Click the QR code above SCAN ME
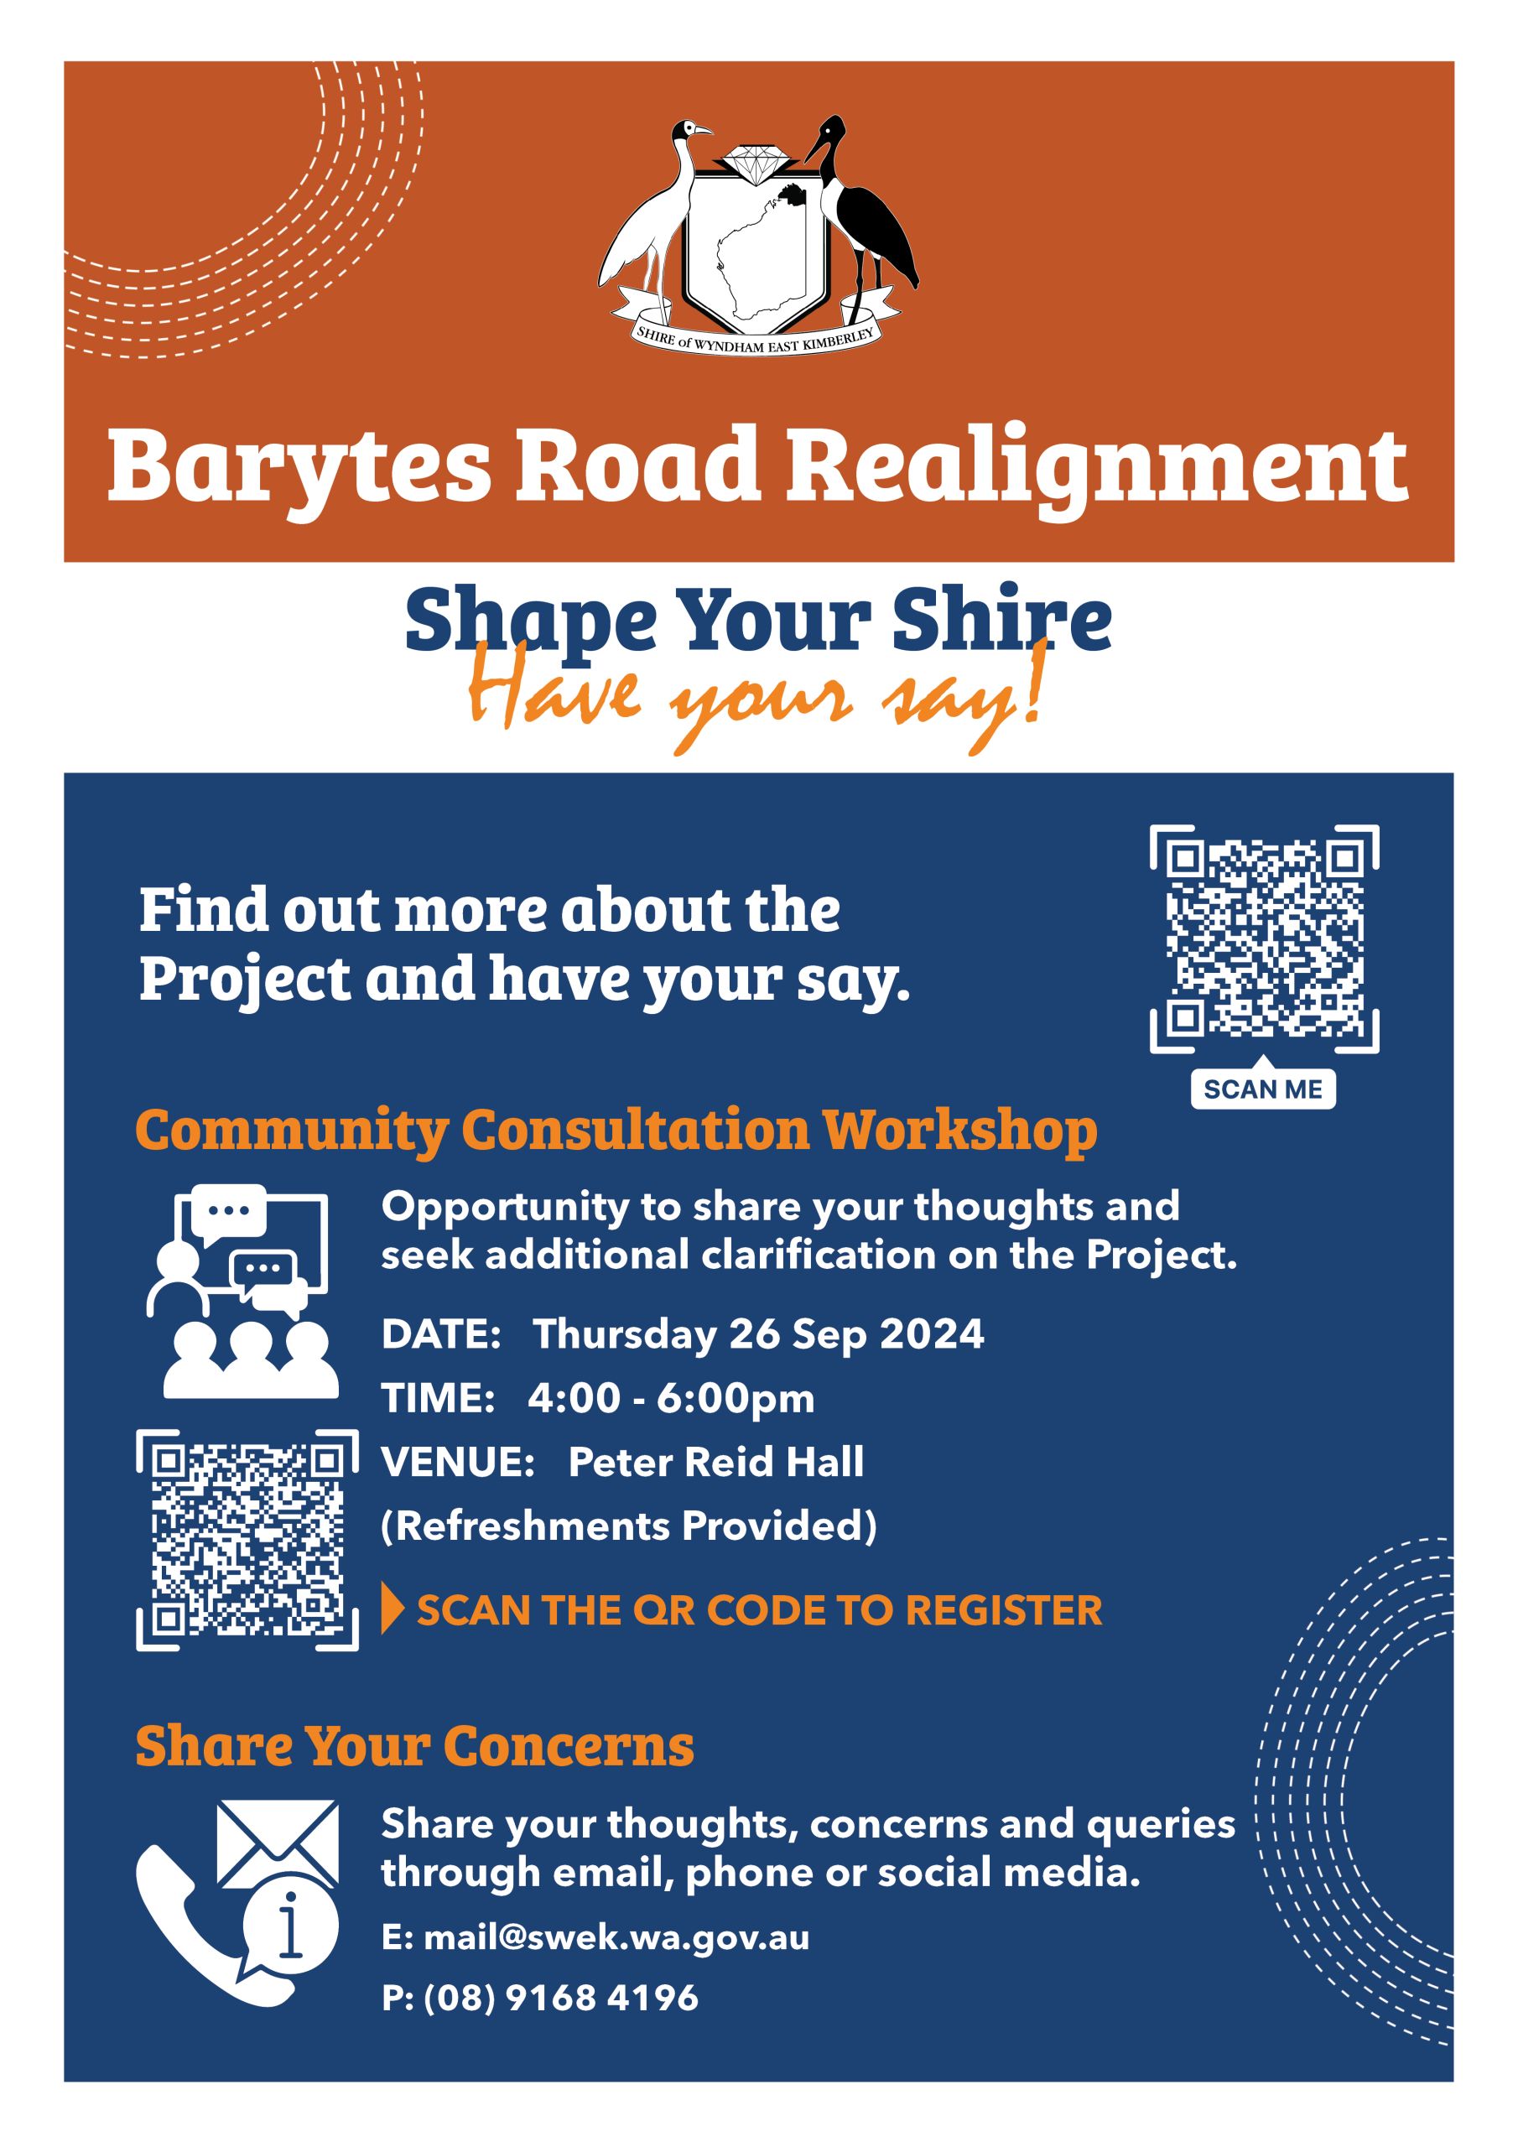[1264, 940]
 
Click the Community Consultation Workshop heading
[616, 1131]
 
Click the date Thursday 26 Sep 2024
[758, 1334]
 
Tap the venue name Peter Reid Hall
[716, 1463]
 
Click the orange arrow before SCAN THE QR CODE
[392, 1609]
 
